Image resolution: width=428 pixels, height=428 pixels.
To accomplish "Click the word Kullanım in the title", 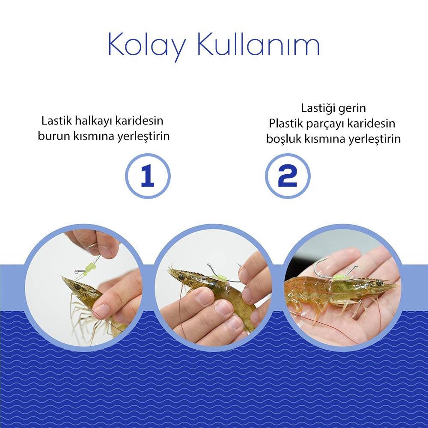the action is tap(258, 44).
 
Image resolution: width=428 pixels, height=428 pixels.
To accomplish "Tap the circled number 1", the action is tap(148, 176).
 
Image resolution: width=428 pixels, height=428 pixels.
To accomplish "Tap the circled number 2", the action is tap(288, 176).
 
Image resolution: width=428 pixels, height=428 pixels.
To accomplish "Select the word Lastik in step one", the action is tap(56, 121).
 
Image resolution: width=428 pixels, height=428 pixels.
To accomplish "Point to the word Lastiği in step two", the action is tap(318, 108).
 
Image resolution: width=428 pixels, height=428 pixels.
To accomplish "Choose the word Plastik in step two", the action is tap(285, 123).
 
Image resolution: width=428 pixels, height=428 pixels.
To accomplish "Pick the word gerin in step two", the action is tap(352, 109).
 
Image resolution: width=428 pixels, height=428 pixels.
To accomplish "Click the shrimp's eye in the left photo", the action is tap(78, 287).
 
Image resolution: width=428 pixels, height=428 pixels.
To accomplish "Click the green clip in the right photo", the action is tap(338, 278).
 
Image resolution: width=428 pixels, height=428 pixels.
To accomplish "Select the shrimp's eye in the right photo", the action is tap(379, 282).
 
